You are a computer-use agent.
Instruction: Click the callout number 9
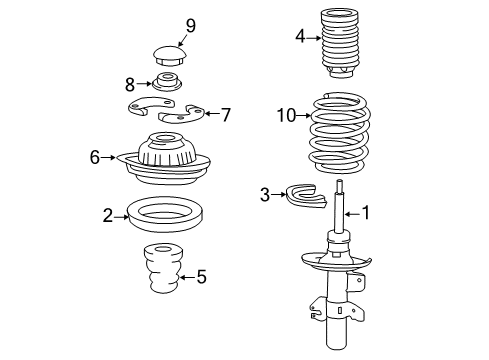pos(190,25)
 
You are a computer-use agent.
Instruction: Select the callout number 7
pos(225,115)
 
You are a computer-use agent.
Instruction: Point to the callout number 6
pos(96,157)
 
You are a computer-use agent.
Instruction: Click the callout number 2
pos(107,213)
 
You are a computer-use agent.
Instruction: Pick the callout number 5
pos(201,276)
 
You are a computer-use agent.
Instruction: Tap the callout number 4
pos(300,38)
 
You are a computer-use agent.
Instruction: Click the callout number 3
pos(265,194)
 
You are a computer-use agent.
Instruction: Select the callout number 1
pos(366,212)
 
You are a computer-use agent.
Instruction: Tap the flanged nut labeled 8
pos(168,83)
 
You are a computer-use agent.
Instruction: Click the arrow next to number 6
pos(110,157)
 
